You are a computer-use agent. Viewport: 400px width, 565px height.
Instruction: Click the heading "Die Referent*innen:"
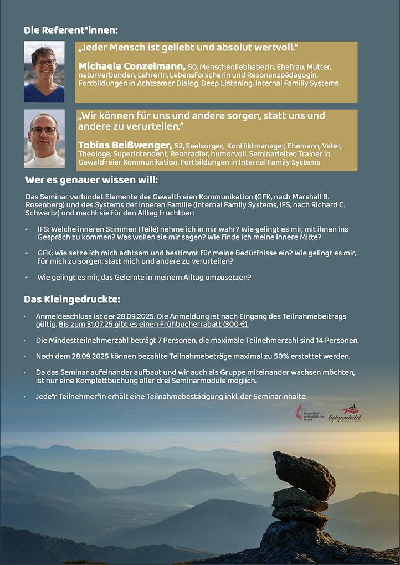71,30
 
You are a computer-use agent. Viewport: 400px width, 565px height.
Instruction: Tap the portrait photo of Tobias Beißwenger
44,138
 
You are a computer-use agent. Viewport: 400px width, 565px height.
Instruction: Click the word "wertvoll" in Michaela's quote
275,48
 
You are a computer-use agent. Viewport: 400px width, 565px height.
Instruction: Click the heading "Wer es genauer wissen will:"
91,180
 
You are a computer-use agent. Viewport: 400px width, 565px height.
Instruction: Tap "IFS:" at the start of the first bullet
43,229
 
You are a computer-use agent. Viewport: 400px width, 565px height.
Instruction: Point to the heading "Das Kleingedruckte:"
72,300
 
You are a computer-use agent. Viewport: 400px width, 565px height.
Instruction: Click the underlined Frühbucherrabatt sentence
153,324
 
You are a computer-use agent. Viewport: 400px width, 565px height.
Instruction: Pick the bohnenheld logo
346,413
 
